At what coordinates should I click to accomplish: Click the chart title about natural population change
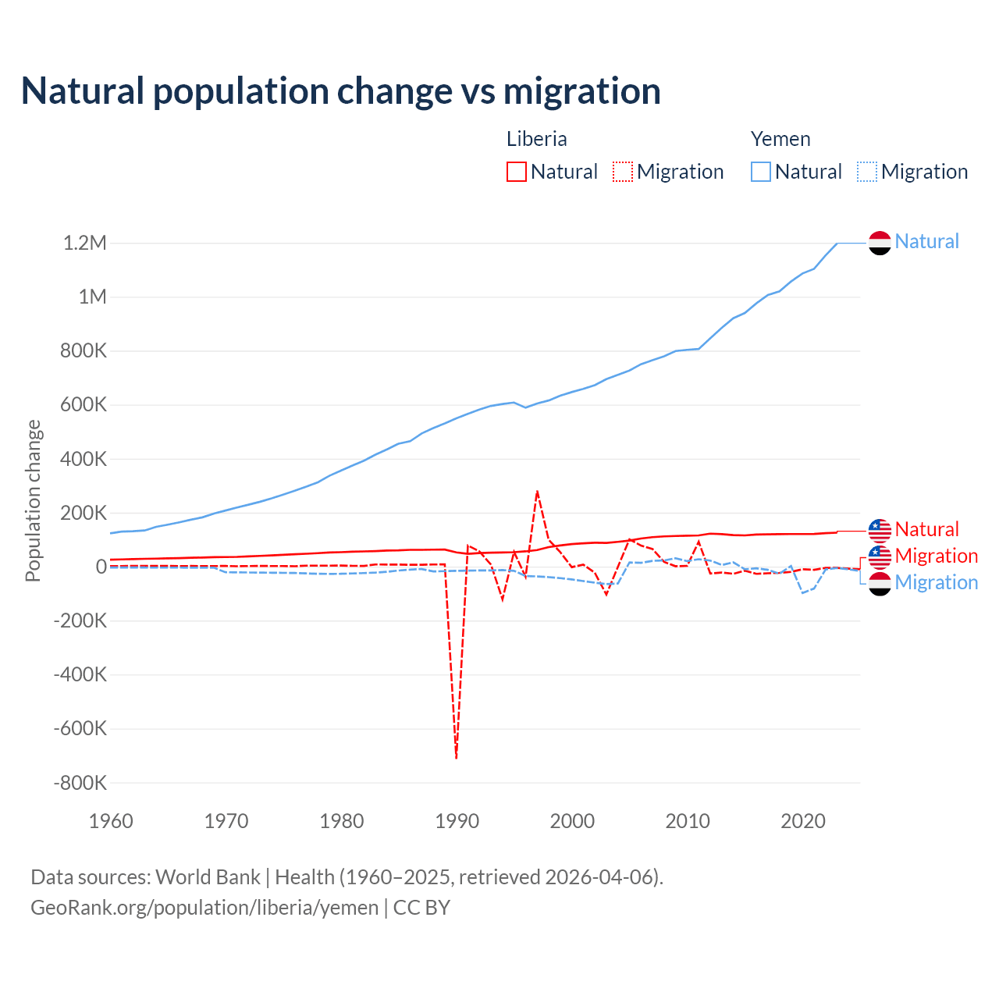[340, 91]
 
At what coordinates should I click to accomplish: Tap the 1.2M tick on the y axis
[85, 243]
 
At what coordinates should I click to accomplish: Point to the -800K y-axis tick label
[80, 783]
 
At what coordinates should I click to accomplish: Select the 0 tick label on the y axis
[101, 567]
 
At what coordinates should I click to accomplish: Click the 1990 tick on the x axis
[457, 821]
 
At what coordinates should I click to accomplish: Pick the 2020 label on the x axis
[803, 821]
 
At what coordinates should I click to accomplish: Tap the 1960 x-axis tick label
[111, 821]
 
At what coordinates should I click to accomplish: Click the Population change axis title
[33, 500]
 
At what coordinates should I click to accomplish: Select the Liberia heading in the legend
[536, 139]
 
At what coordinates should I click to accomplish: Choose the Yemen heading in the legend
[780, 139]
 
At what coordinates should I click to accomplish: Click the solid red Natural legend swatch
[517, 172]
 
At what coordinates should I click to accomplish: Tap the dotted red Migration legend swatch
[623, 172]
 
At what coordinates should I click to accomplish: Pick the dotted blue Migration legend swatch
[867, 172]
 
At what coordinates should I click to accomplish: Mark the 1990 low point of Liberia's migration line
[457, 757]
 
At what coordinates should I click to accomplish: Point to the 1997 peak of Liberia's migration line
[537, 492]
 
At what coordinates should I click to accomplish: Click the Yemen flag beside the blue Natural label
[880, 243]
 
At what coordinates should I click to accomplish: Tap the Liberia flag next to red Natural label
[880, 530]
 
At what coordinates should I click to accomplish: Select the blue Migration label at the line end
[936, 582]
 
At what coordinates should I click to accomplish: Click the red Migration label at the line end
[936, 556]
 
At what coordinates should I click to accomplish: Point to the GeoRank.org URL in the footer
[204, 908]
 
